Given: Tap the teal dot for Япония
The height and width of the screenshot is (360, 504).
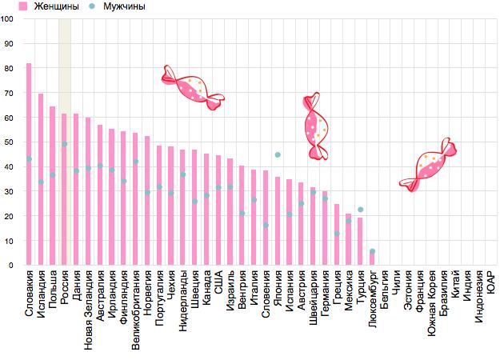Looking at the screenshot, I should tap(278, 155).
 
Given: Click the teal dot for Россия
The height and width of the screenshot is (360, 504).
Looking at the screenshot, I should tap(64, 144).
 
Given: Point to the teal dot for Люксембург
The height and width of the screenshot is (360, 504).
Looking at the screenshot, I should tap(372, 251).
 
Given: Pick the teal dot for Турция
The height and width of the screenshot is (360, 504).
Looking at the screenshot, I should tap(360, 210).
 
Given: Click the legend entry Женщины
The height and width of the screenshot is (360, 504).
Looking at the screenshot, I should tap(48, 6).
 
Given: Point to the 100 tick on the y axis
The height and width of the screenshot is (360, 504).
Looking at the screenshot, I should tap(8, 18).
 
